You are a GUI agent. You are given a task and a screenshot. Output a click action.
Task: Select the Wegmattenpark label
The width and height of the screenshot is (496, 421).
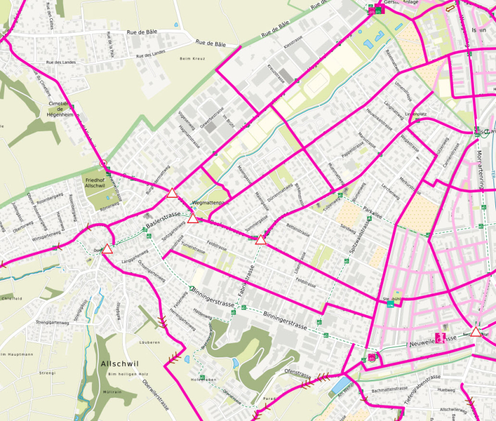click(208, 203)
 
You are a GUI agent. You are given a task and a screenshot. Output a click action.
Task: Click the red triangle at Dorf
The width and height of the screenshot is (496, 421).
click(108, 249)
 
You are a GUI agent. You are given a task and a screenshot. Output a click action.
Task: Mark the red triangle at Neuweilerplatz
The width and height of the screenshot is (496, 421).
click(477, 331)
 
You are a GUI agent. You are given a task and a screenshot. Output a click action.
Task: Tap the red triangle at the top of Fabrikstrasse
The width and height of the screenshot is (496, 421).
click(261, 240)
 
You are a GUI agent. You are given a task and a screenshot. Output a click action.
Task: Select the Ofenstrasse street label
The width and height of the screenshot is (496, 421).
click(297, 370)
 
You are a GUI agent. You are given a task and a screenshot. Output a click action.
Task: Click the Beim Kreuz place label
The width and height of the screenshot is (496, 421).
click(193, 59)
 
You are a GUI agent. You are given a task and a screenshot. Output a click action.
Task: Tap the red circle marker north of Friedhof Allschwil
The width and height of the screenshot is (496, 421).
click(103, 163)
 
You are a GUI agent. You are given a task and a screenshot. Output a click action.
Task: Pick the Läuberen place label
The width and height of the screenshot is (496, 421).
click(149, 342)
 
